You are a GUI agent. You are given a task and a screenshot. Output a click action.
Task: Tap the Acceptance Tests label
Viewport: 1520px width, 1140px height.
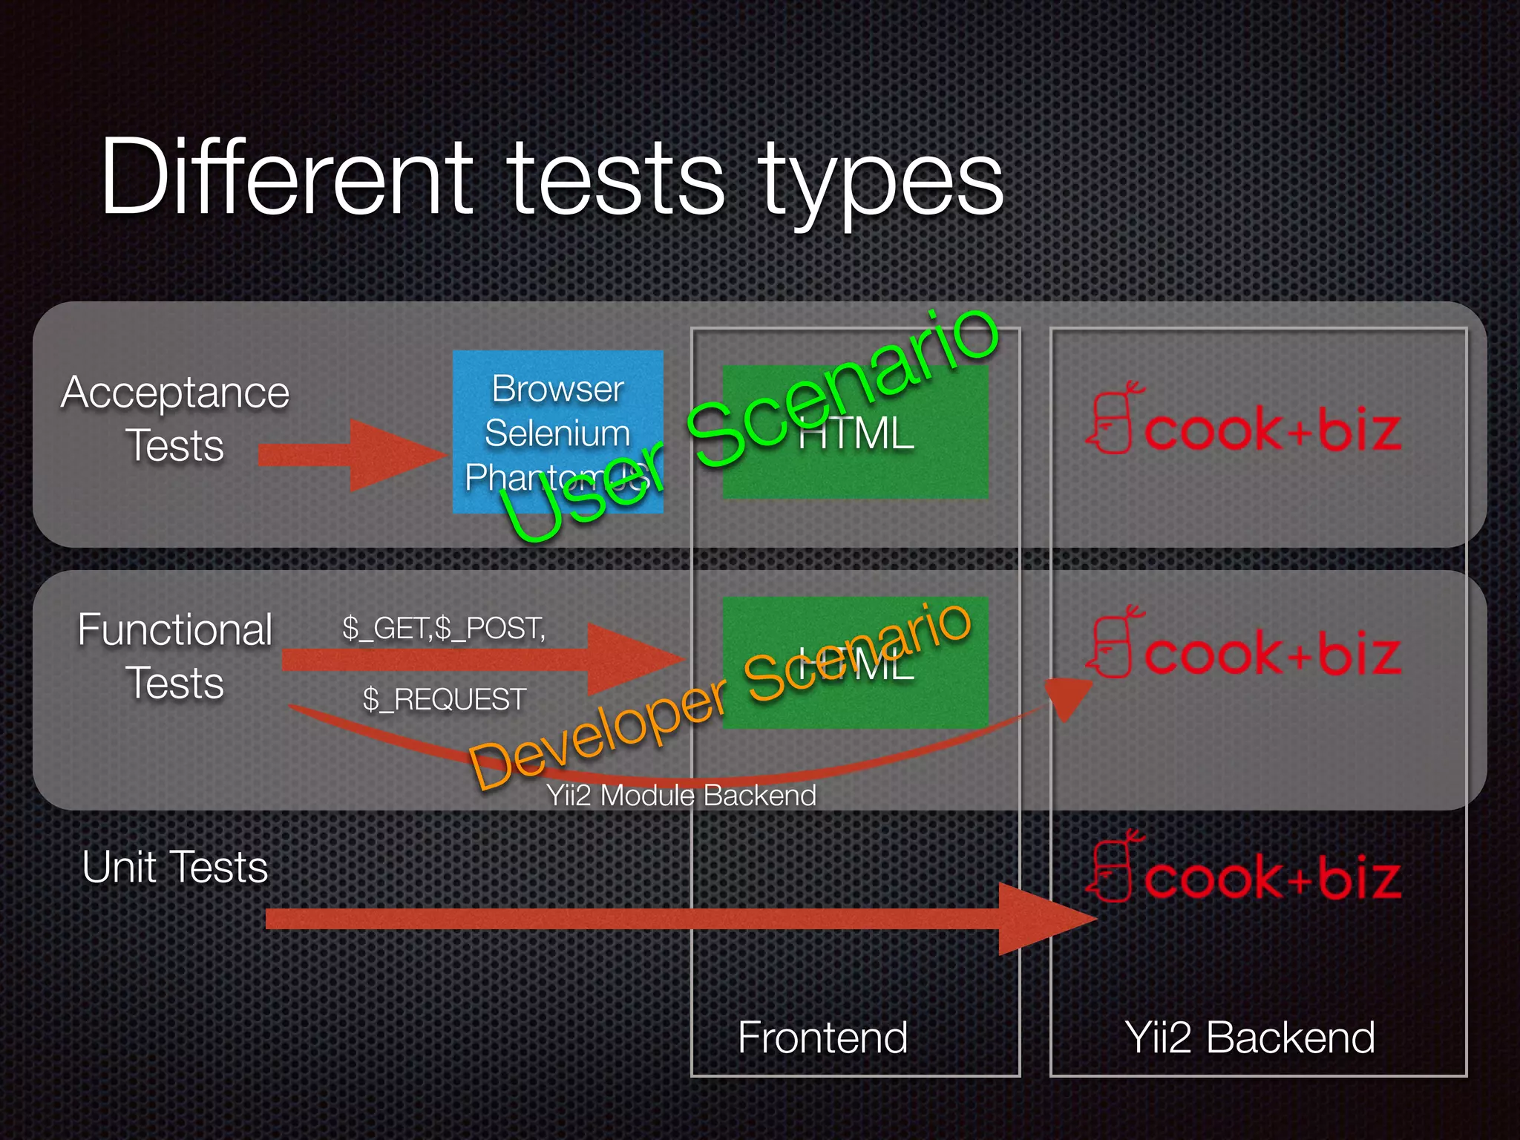(175, 419)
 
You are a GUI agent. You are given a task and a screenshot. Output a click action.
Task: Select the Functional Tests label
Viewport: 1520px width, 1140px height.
(175, 656)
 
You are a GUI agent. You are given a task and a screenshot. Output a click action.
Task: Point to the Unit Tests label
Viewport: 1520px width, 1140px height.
(175, 867)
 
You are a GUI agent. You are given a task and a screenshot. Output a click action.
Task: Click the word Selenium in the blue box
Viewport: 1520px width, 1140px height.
(557, 433)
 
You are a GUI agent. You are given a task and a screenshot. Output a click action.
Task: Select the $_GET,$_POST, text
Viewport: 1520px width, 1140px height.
(444, 629)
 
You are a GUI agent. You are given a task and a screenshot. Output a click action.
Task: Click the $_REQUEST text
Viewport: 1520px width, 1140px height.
(444, 700)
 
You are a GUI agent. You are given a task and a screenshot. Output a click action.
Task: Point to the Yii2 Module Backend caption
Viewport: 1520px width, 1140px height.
(681, 796)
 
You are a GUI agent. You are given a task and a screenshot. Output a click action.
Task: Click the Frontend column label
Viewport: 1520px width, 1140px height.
(822, 1037)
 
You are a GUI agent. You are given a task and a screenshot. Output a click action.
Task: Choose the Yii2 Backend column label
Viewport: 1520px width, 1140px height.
(1250, 1037)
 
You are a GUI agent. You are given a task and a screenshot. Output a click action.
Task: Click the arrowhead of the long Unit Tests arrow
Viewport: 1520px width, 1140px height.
(1046, 919)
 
